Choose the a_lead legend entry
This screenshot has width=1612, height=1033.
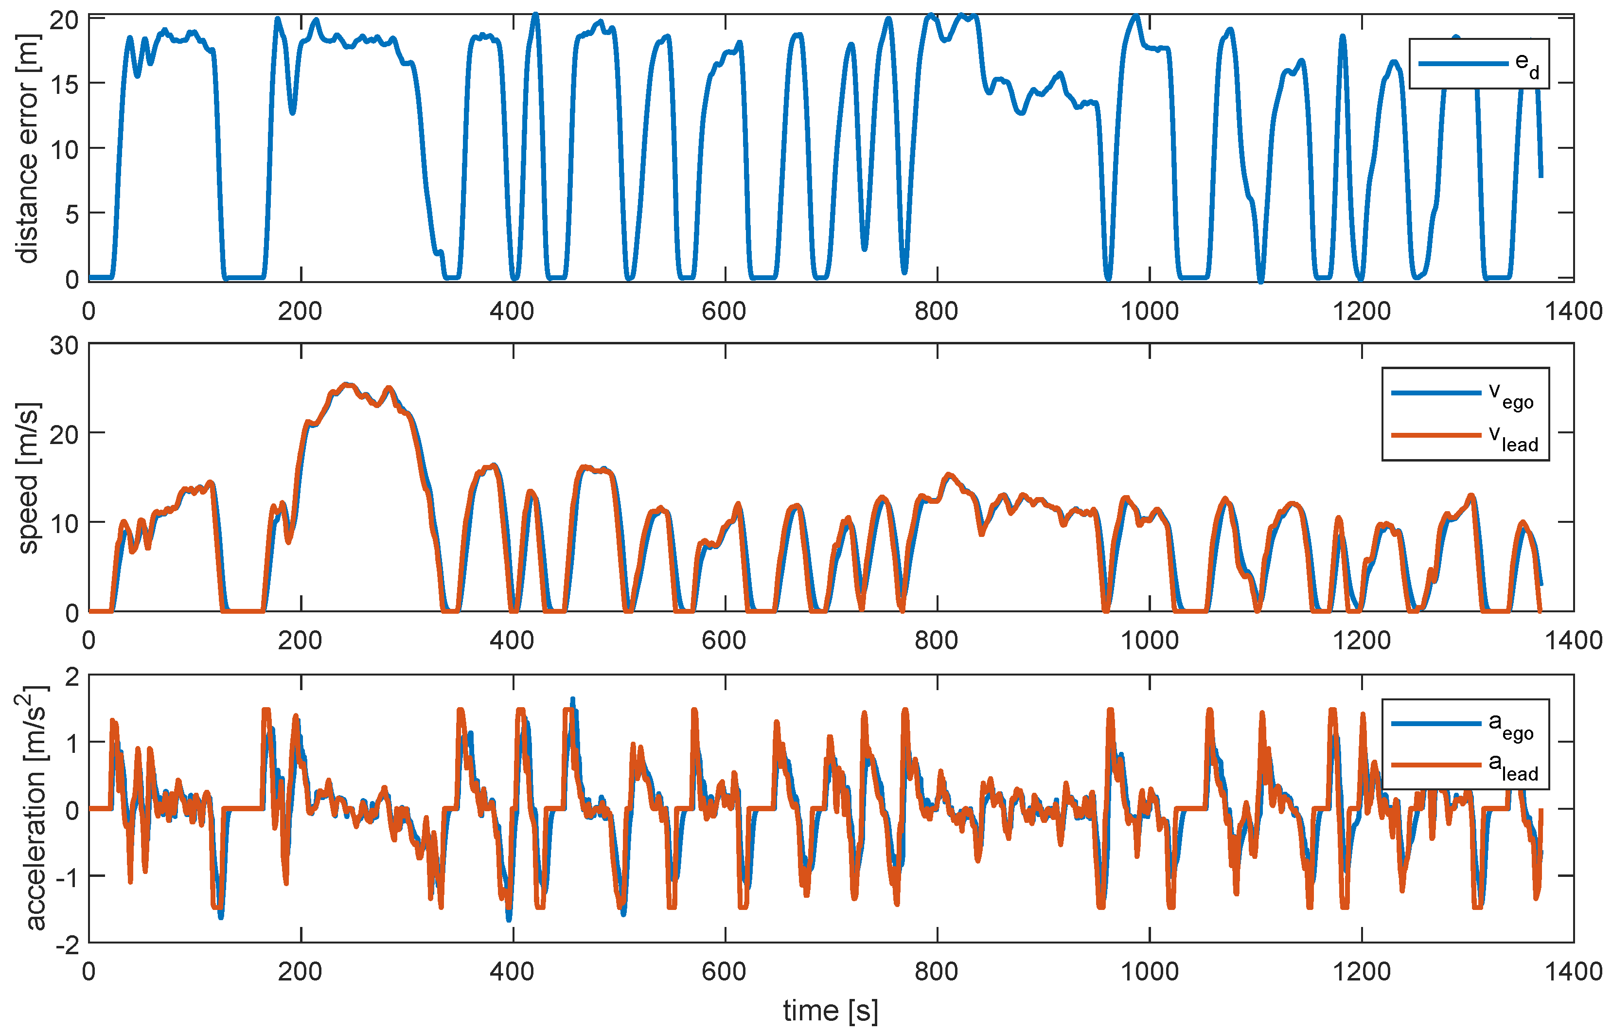point(1465,766)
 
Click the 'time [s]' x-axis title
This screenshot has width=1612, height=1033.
point(830,1010)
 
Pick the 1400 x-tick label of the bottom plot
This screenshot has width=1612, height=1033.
point(1573,971)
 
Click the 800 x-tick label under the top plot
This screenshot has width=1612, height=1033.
point(937,311)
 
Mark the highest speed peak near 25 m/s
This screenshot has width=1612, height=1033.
point(347,385)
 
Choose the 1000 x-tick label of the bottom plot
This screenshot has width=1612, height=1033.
point(1150,971)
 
